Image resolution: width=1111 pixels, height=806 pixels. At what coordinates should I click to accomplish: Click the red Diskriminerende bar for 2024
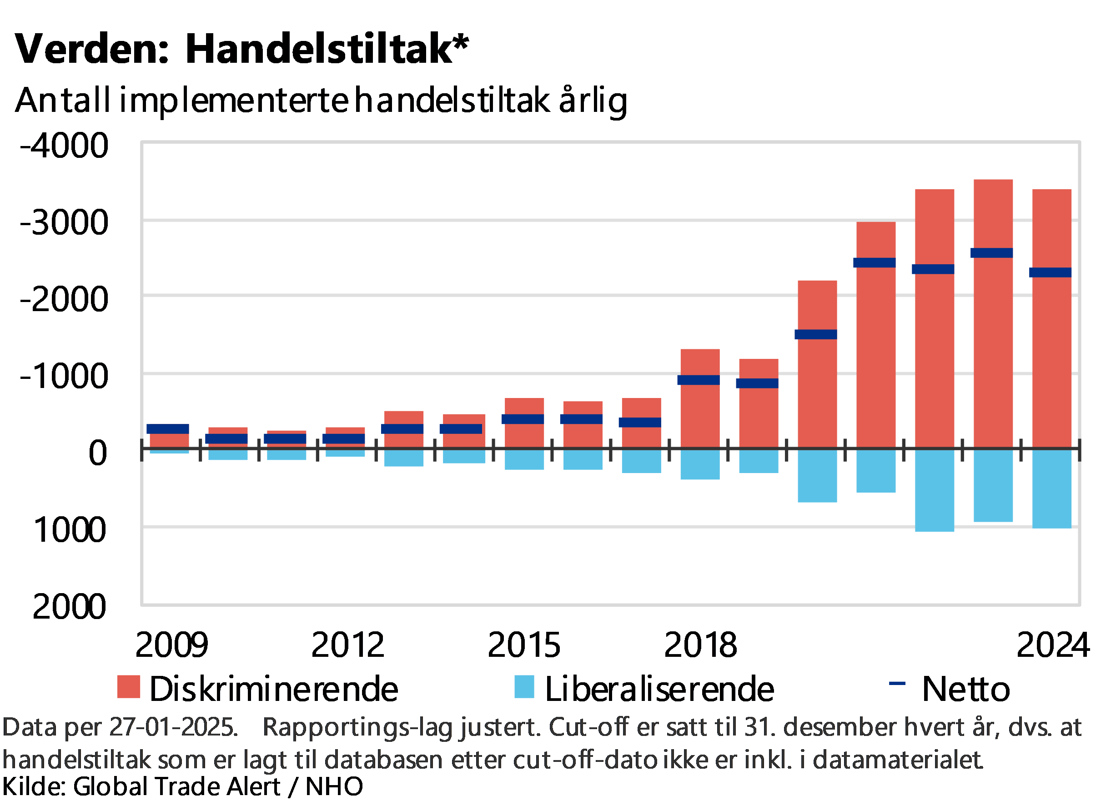tap(1052, 363)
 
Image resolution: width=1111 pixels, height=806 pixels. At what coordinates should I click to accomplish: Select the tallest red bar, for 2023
tap(993, 353)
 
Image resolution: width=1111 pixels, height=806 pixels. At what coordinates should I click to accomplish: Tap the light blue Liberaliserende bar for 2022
tap(934, 490)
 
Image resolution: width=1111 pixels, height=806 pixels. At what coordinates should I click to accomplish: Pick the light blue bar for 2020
tap(817, 476)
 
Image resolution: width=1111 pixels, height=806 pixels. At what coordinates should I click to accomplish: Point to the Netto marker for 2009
tap(167, 429)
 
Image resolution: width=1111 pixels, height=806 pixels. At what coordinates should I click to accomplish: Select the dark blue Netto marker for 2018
tap(699, 380)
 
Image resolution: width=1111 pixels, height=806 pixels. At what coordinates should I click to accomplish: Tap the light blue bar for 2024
tap(1052, 489)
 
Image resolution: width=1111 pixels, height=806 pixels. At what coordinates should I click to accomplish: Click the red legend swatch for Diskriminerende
tap(129, 686)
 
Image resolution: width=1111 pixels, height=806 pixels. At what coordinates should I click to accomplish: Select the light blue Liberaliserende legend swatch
tap(524, 686)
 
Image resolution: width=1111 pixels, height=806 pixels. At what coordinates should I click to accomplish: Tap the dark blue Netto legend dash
tap(897, 683)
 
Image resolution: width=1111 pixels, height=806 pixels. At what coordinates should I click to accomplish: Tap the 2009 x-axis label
tap(171, 645)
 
